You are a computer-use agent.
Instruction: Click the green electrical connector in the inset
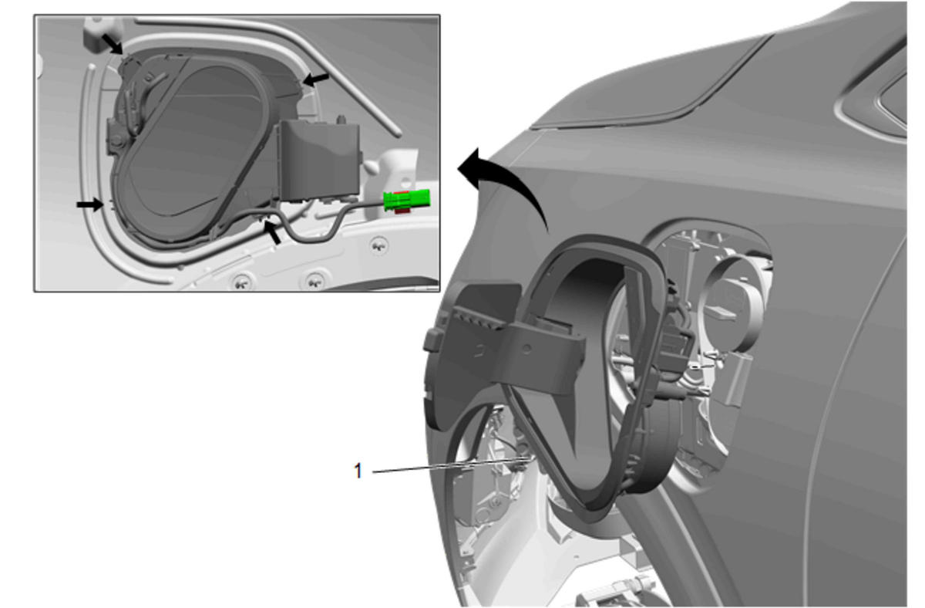(x=407, y=200)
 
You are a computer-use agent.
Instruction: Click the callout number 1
(x=358, y=471)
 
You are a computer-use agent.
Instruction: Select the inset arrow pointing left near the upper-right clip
(x=315, y=79)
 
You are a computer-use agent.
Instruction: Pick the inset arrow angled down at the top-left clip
(x=113, y=44)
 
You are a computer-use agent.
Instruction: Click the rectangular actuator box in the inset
(x=319, y=160)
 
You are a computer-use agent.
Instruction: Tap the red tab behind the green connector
(x=400, y=211)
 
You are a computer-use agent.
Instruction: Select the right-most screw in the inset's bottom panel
(x=378, y=245)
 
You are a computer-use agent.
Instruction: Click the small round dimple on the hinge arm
(x=526, y=350)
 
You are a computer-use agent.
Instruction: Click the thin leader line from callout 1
(x=451, y=465)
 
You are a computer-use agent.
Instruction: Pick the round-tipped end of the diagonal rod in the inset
(x=398, y=133)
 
